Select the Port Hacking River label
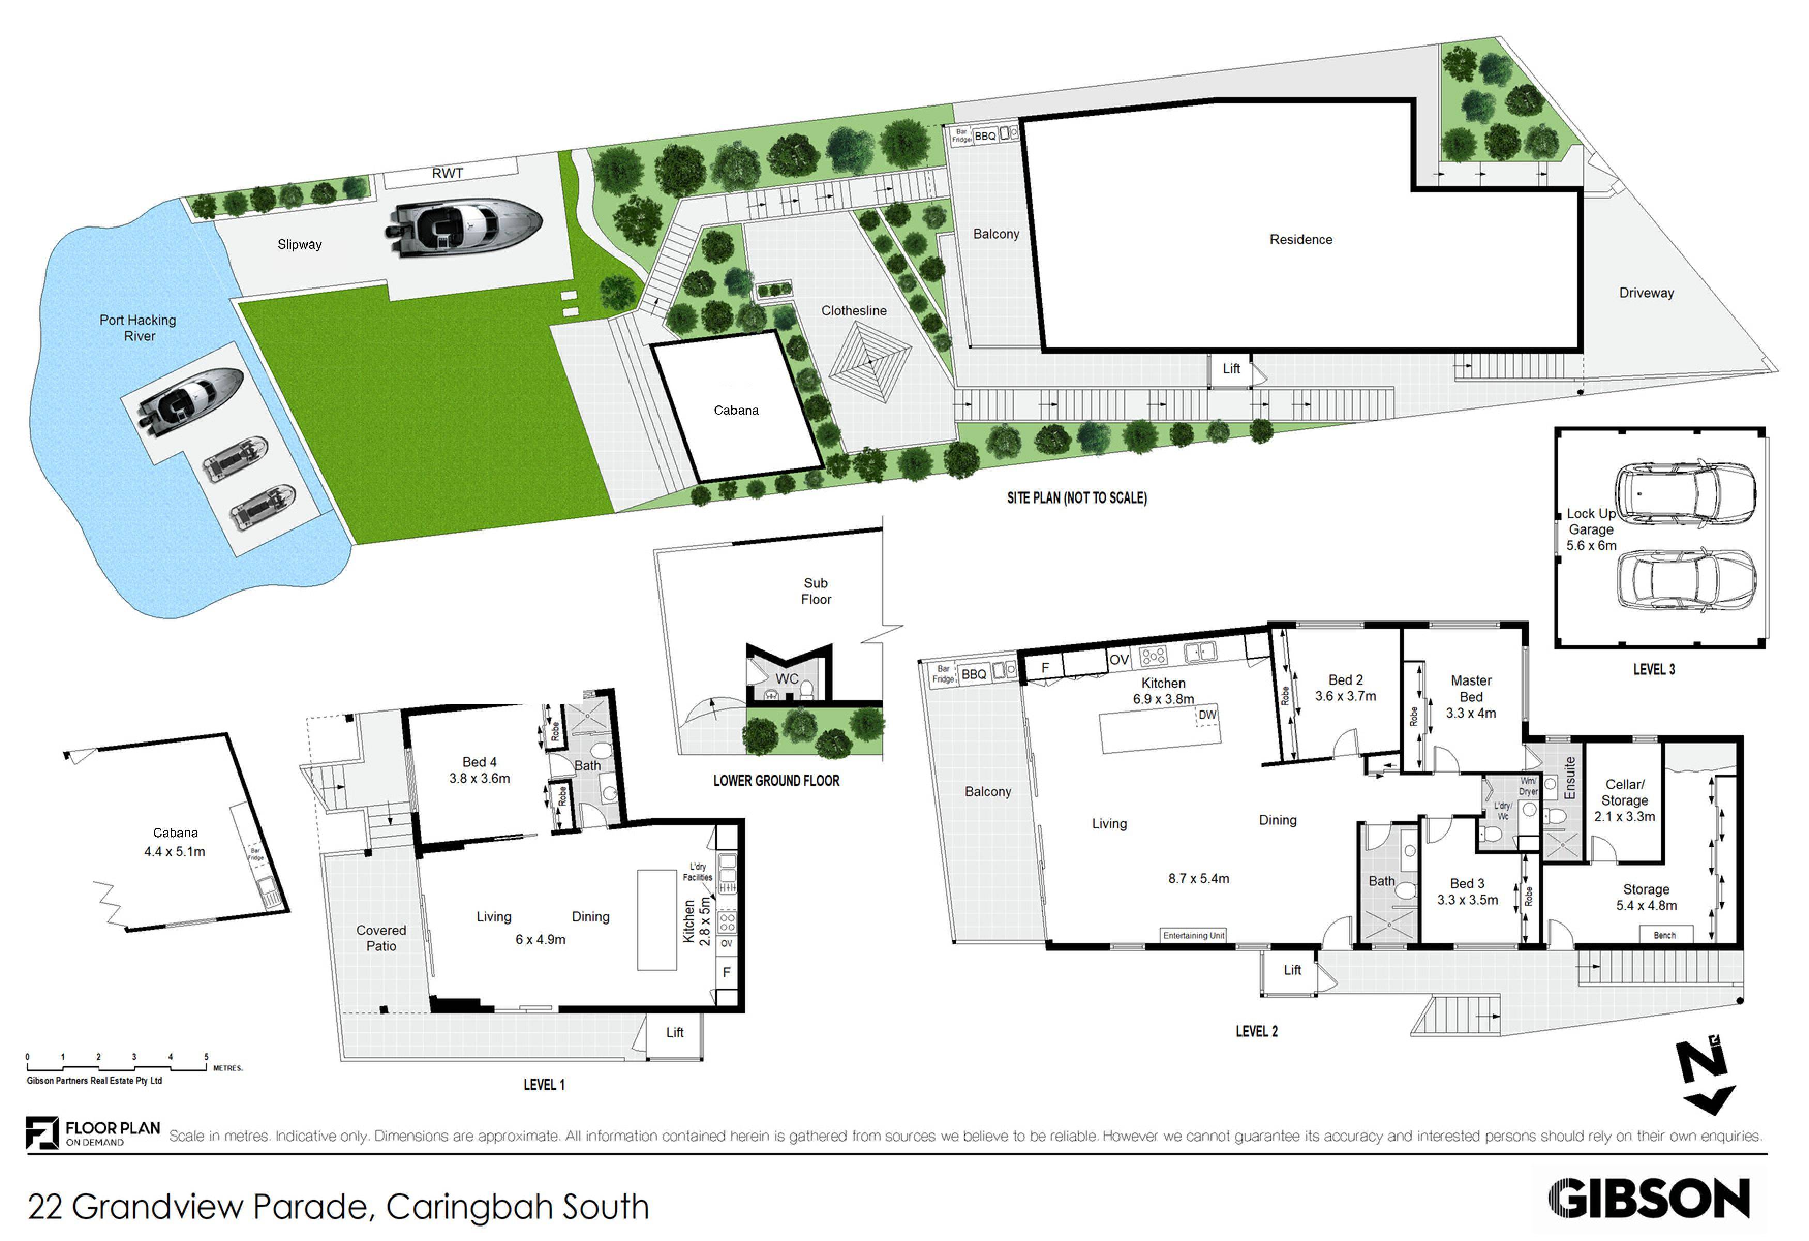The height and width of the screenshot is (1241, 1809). pyautogui.click(x=139, y=328)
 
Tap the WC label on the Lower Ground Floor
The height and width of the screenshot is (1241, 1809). pyautogui.click(x=786, y=679)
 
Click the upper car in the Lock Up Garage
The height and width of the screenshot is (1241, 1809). pyautogui.click(x=1682, y=494)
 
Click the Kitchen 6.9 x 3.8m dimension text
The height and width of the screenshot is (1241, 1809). pyautogui.click(x=1163, y=699)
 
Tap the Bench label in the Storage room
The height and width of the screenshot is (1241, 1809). pyautogui.click(x=1664, y=935)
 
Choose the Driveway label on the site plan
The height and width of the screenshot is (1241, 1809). pyautogui.click(x=1646, y=293)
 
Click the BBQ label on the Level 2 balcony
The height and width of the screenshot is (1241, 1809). pyautogui.click(x=974, y=674)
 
